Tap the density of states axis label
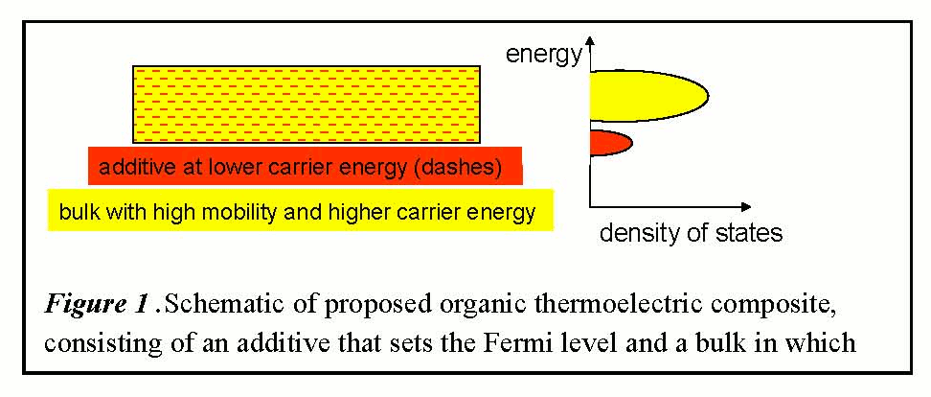pos(691,232)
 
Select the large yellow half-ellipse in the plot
pos(648,96)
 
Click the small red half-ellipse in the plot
pos(610,143)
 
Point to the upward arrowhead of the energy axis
pos(589,41)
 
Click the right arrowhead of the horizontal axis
pos(745,207)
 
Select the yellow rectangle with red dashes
pos(307,105)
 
